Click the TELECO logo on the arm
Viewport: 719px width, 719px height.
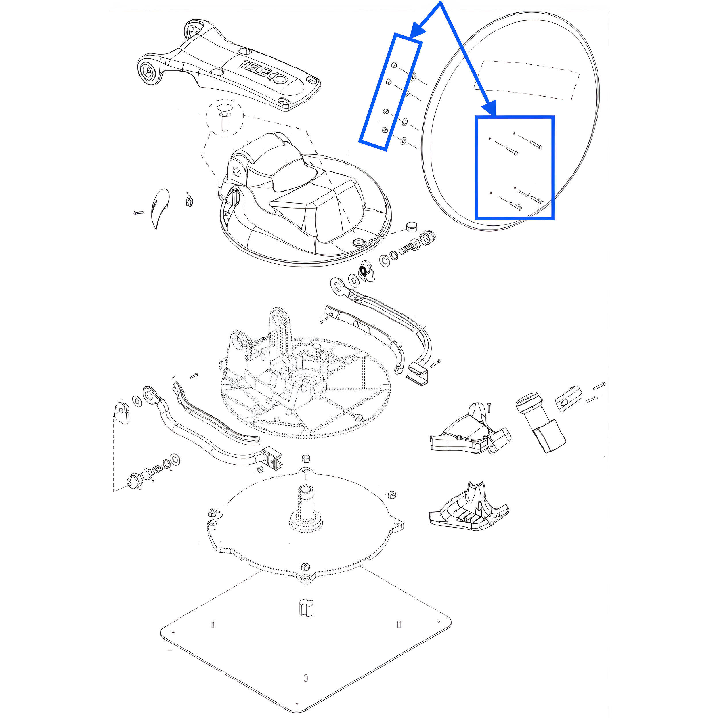pyautogui.click(x=263, y=72)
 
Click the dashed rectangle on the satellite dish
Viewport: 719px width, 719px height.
pyautogui.click(x=526, y=80)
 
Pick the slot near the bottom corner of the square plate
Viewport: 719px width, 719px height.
pyautogui.click(x=305, y=689)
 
